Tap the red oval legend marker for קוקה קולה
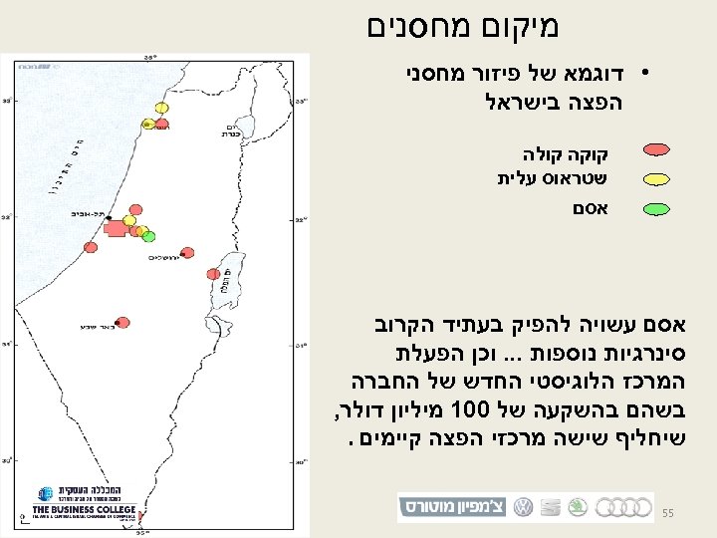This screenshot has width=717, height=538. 657,151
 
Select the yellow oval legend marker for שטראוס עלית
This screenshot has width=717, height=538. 657,179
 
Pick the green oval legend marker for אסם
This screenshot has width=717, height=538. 657,209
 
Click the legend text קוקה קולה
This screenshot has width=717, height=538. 565,155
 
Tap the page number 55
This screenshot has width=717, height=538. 668,512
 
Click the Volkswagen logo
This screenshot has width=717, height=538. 523,506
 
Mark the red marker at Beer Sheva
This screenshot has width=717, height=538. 122,322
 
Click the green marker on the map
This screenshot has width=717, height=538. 149,236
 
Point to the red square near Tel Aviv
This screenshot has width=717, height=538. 115,229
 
